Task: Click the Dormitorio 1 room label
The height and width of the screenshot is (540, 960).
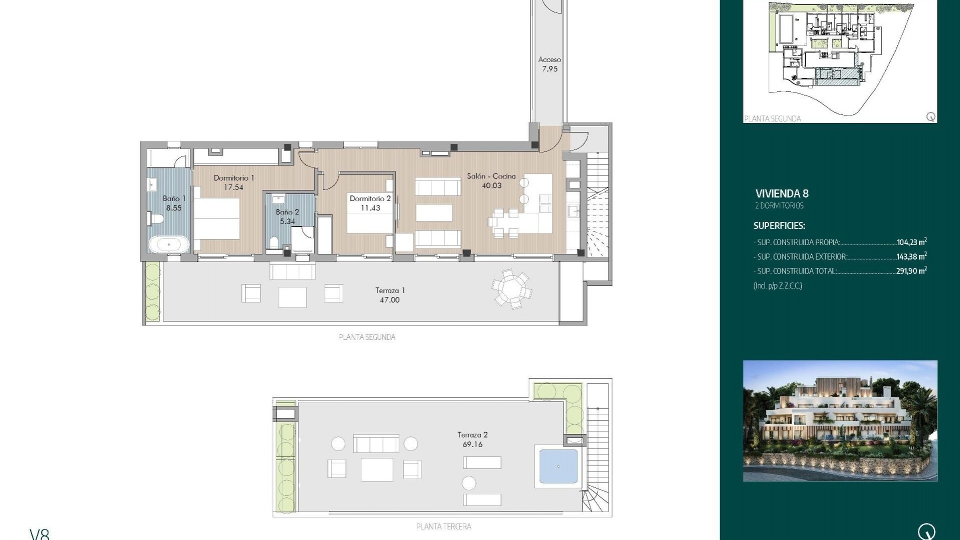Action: (233, 178)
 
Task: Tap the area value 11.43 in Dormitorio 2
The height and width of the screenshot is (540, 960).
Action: (370, 208)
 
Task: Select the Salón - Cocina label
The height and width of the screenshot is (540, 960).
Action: (491, 176)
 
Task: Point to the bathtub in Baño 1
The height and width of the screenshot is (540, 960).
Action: (168, 245)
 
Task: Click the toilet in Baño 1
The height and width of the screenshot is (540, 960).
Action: (155, 218)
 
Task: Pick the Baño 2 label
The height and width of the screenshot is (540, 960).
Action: (287, 212)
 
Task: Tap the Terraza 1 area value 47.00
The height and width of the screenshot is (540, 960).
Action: (389, 300)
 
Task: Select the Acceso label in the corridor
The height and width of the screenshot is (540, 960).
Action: (549, 59)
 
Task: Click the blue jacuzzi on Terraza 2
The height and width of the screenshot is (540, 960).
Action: (558, 466)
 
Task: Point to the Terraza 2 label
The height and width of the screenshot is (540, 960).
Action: (472, 435)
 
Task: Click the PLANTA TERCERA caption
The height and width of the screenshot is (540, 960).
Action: (443, 526)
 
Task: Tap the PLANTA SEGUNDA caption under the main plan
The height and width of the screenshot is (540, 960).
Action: (367, 337)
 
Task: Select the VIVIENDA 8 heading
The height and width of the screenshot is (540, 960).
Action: (781, 193)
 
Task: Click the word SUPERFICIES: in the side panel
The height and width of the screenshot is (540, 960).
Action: (779, 226)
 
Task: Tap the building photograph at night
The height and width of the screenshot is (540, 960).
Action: (839, 420)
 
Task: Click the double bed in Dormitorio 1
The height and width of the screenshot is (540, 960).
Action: (216, 219)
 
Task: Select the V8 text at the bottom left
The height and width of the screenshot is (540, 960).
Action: (39, 534)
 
